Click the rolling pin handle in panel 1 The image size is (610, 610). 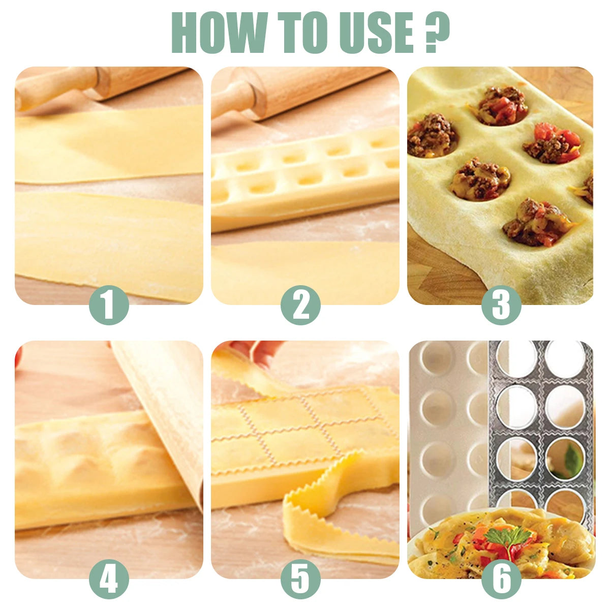pos(51,86)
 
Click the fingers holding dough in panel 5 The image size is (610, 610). pos(259,351)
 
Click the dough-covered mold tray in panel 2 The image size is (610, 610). pos(305,178)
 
